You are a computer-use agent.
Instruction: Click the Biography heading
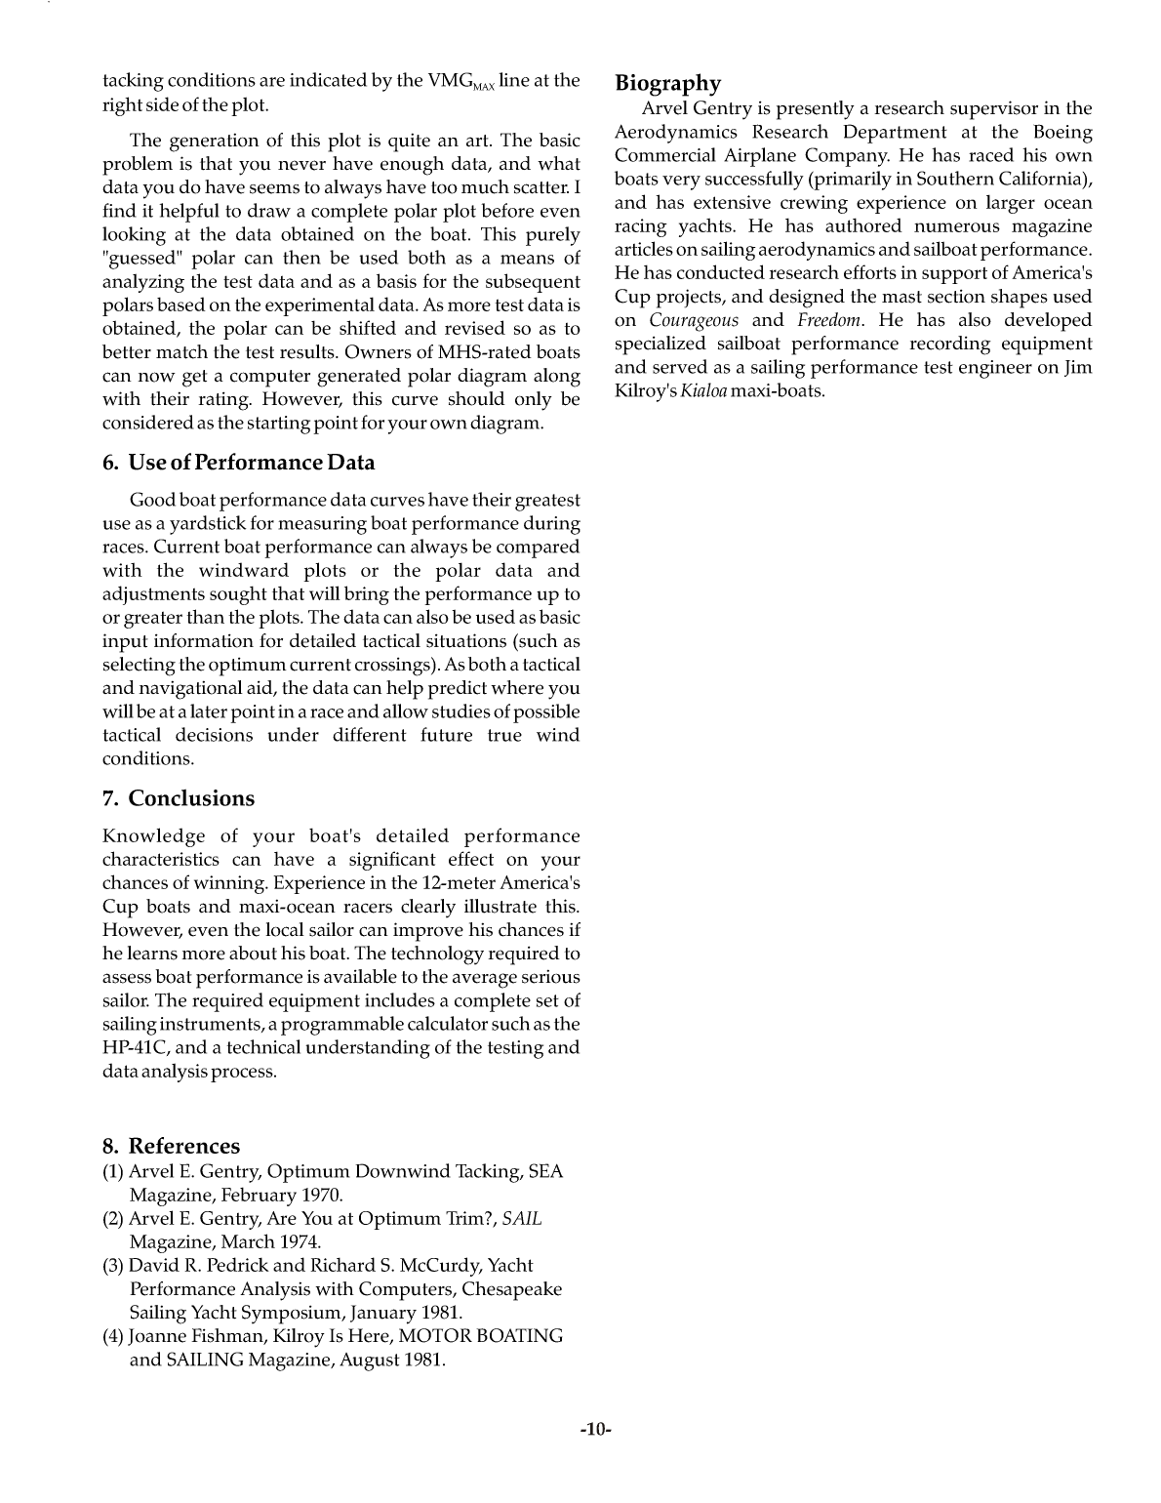pyautogui.click(x=668, y=84)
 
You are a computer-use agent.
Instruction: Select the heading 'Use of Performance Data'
pyautogui.click(x=238, y=463)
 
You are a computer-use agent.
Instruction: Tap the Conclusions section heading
pyautogui.click(x=179, y=798)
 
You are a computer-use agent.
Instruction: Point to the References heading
pyautogui.click(x=171, y=1146)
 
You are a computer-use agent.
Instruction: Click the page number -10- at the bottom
pyautogui.click(x=594, y=1430)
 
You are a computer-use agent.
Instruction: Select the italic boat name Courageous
pyautogui.click(x=694, y=321)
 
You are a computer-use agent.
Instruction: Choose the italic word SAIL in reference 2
pyautogui.click(x=522, y=1219)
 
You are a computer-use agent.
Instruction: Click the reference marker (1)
pyautogui.click(x=113, y=1172)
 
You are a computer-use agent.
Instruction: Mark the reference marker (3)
pyautogui.click(x=113, y=1266)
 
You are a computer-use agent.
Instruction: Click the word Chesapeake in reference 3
pyautogui.click(x=512, y=1289)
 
